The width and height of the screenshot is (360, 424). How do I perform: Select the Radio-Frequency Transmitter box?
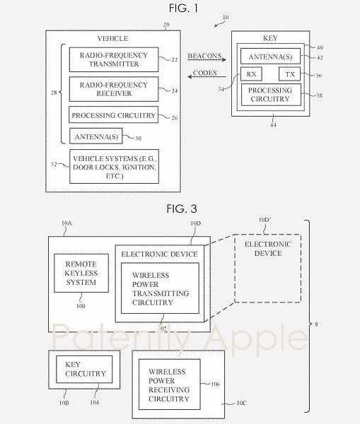coord(113,59)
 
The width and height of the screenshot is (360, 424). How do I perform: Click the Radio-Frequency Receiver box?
coord(113,90)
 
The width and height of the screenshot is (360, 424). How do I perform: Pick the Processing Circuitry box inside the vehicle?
coord(113,114)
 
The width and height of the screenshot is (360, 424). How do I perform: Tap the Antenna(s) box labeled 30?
coord(95,135)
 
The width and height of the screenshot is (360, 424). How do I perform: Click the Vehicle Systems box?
coord(113,166)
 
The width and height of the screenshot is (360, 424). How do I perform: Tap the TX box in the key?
coord(289,74)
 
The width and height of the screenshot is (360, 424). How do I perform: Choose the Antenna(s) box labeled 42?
coord(270,56)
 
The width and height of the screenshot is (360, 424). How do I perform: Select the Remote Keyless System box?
coord(81,273)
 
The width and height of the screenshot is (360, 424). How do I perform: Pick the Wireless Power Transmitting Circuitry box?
coord(160,288)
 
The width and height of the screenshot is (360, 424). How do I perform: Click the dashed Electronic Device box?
coord(268,269)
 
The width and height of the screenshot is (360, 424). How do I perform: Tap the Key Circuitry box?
coord(84,369)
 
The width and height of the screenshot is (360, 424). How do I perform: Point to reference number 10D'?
coord(267,220)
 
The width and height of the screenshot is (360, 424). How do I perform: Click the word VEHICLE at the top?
coord(112,38)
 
